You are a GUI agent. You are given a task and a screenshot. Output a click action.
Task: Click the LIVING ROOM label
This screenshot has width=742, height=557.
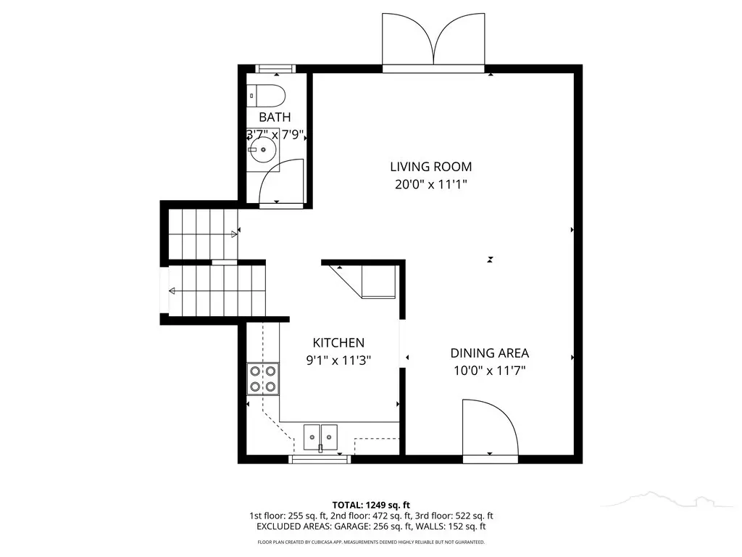pos(430,167)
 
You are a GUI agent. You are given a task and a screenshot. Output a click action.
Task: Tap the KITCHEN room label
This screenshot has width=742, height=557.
pos(338,342)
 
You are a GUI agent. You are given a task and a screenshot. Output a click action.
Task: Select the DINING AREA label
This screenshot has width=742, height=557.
pos(489,353)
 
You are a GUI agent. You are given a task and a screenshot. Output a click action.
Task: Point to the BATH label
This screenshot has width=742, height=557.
pos(275,117)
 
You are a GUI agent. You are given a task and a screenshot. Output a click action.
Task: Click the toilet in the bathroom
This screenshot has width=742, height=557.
pos(267,96)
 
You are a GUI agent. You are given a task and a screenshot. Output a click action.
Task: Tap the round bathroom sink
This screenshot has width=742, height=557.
pos(263,149)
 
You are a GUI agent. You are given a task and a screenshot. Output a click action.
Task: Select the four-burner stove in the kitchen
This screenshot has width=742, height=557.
pos(262,379)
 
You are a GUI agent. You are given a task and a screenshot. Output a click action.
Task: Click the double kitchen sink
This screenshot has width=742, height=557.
pos(320,437)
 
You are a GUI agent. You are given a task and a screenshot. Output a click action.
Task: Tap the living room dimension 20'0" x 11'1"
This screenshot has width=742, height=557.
pos(430,184)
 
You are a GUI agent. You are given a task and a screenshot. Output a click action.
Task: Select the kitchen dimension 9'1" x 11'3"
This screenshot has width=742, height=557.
pos(338,360)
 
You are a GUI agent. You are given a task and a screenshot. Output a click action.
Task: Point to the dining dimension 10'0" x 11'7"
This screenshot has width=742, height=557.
pos(489,371)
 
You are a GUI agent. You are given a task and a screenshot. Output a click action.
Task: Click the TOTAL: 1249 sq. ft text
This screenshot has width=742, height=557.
pos(371,505)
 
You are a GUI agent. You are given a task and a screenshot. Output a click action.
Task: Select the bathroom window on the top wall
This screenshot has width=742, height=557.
pos(276,69)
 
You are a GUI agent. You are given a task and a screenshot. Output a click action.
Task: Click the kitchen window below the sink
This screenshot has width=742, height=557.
pos(320,459)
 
